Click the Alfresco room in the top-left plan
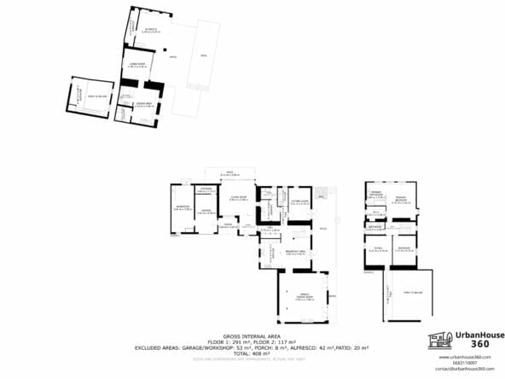[x=150, y=31]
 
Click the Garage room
[x=205, y=213]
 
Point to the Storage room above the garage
[x=206, y=189]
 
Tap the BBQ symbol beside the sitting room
[x=322, y=196]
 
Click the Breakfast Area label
[x=295, y=253]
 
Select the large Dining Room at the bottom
[x=302, y=297]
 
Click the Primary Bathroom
[x=374, y=195]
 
